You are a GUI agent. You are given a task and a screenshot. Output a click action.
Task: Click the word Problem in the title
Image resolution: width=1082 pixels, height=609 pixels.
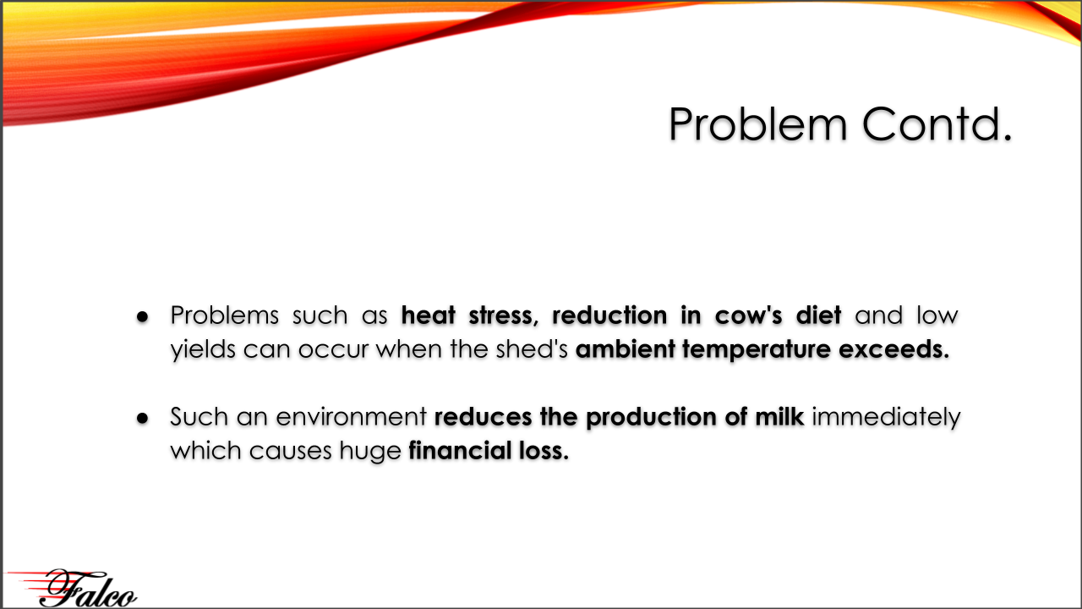pyautogui.click(x=758, y=124)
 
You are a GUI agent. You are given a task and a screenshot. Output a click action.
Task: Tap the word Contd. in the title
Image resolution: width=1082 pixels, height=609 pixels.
pyautogui.click(x=937, y=123)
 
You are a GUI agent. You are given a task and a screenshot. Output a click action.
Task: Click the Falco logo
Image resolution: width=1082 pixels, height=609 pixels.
pyautogui.click(x=72, y=588)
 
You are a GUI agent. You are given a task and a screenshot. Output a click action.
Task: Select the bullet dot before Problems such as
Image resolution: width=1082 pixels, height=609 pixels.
pyautogui.click(x=143, y=317)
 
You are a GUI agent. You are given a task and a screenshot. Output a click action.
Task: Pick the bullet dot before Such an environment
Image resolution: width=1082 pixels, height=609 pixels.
pyautogui.click(x=143, y=418)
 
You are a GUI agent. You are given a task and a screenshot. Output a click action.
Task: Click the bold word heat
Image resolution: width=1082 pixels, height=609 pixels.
pyautogui.click(x=429, y=315)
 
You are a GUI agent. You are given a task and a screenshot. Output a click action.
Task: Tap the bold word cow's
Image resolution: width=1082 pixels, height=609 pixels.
pyautogui.click(x=748, y=315)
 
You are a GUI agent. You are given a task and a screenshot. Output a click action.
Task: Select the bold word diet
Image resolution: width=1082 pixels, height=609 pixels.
pyautogui.click(x=818, y=315)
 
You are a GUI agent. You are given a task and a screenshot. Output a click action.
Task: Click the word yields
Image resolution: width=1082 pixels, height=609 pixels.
pyautogui.click(x=203, y=350)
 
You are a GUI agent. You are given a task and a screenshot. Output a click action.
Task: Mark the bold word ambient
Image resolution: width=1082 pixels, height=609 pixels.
pyautogui.click(x=625, y=349)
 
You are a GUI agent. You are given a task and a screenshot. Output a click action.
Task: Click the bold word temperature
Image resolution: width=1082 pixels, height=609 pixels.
pyautogui.click(x=756, y=350)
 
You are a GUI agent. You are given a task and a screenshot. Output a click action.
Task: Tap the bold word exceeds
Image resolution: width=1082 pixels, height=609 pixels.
pyautogui.click(x=894, y=349)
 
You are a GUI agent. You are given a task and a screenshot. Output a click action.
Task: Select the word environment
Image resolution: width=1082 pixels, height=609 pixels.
pyautogui.click(x=351, y=417)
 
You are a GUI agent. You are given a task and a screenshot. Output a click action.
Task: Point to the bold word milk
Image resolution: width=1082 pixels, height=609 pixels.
pyautogui.click(x=779, y=417)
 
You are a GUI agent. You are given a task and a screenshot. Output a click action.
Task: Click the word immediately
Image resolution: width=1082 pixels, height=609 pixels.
pyautogui.click(x=886, y=418)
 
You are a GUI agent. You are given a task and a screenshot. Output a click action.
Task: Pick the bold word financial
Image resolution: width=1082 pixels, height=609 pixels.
pyautogui.click(x=460, y=451)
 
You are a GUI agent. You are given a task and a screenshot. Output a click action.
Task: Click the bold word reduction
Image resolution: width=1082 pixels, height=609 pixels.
pyautogui.click(x=609, y=315)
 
